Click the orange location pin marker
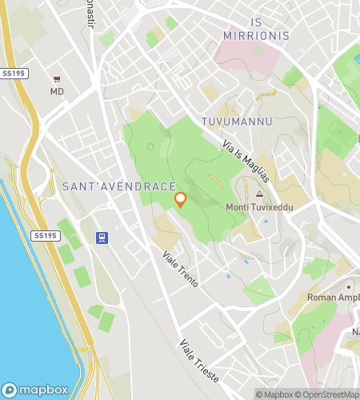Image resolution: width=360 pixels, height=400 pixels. (180, 200)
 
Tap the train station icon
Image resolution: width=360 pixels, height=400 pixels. (102, 238)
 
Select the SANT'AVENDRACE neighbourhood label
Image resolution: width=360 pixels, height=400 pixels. (118, 186)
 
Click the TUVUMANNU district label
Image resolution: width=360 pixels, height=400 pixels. (238, 122)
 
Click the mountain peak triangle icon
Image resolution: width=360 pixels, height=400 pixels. (259, 194)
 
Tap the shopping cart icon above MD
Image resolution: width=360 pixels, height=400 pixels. (57, 79)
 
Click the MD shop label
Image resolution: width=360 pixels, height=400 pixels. (57, 92)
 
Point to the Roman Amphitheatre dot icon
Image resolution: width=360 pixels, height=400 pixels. (348, 286)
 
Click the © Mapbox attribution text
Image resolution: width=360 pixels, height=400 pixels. (274, 394)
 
